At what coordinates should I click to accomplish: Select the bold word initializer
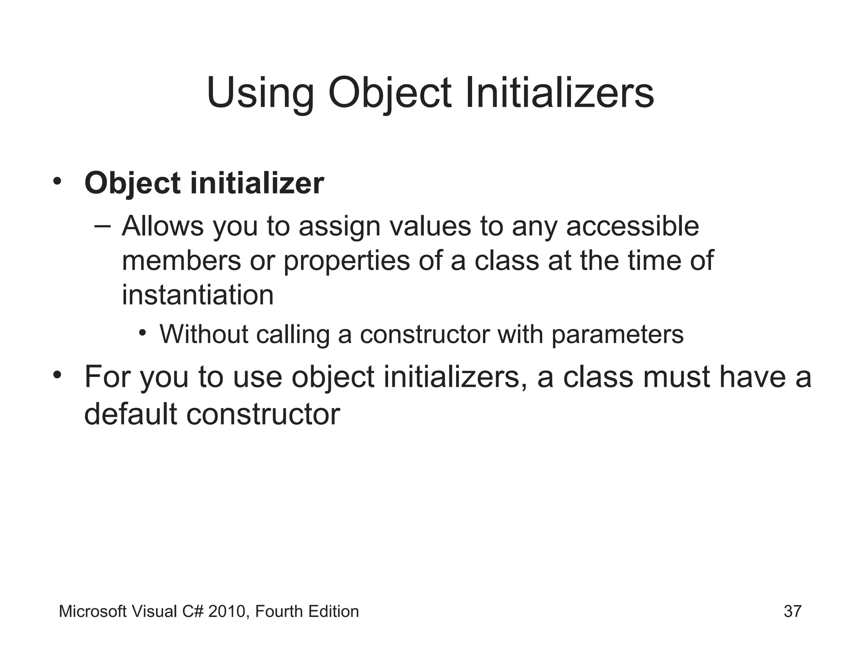tap(257, 183)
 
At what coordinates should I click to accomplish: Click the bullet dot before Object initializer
tap(57, 182)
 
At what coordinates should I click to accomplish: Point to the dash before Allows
tap(103, 226)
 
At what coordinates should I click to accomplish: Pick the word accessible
tap(632, 226)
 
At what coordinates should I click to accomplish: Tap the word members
tap(181, 261)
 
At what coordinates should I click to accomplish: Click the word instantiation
tap(198, 295)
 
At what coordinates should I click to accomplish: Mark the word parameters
tap(617, 335)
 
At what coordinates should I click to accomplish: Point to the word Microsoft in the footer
tap(93, 612)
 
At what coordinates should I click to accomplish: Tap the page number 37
tap(792, 612)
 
